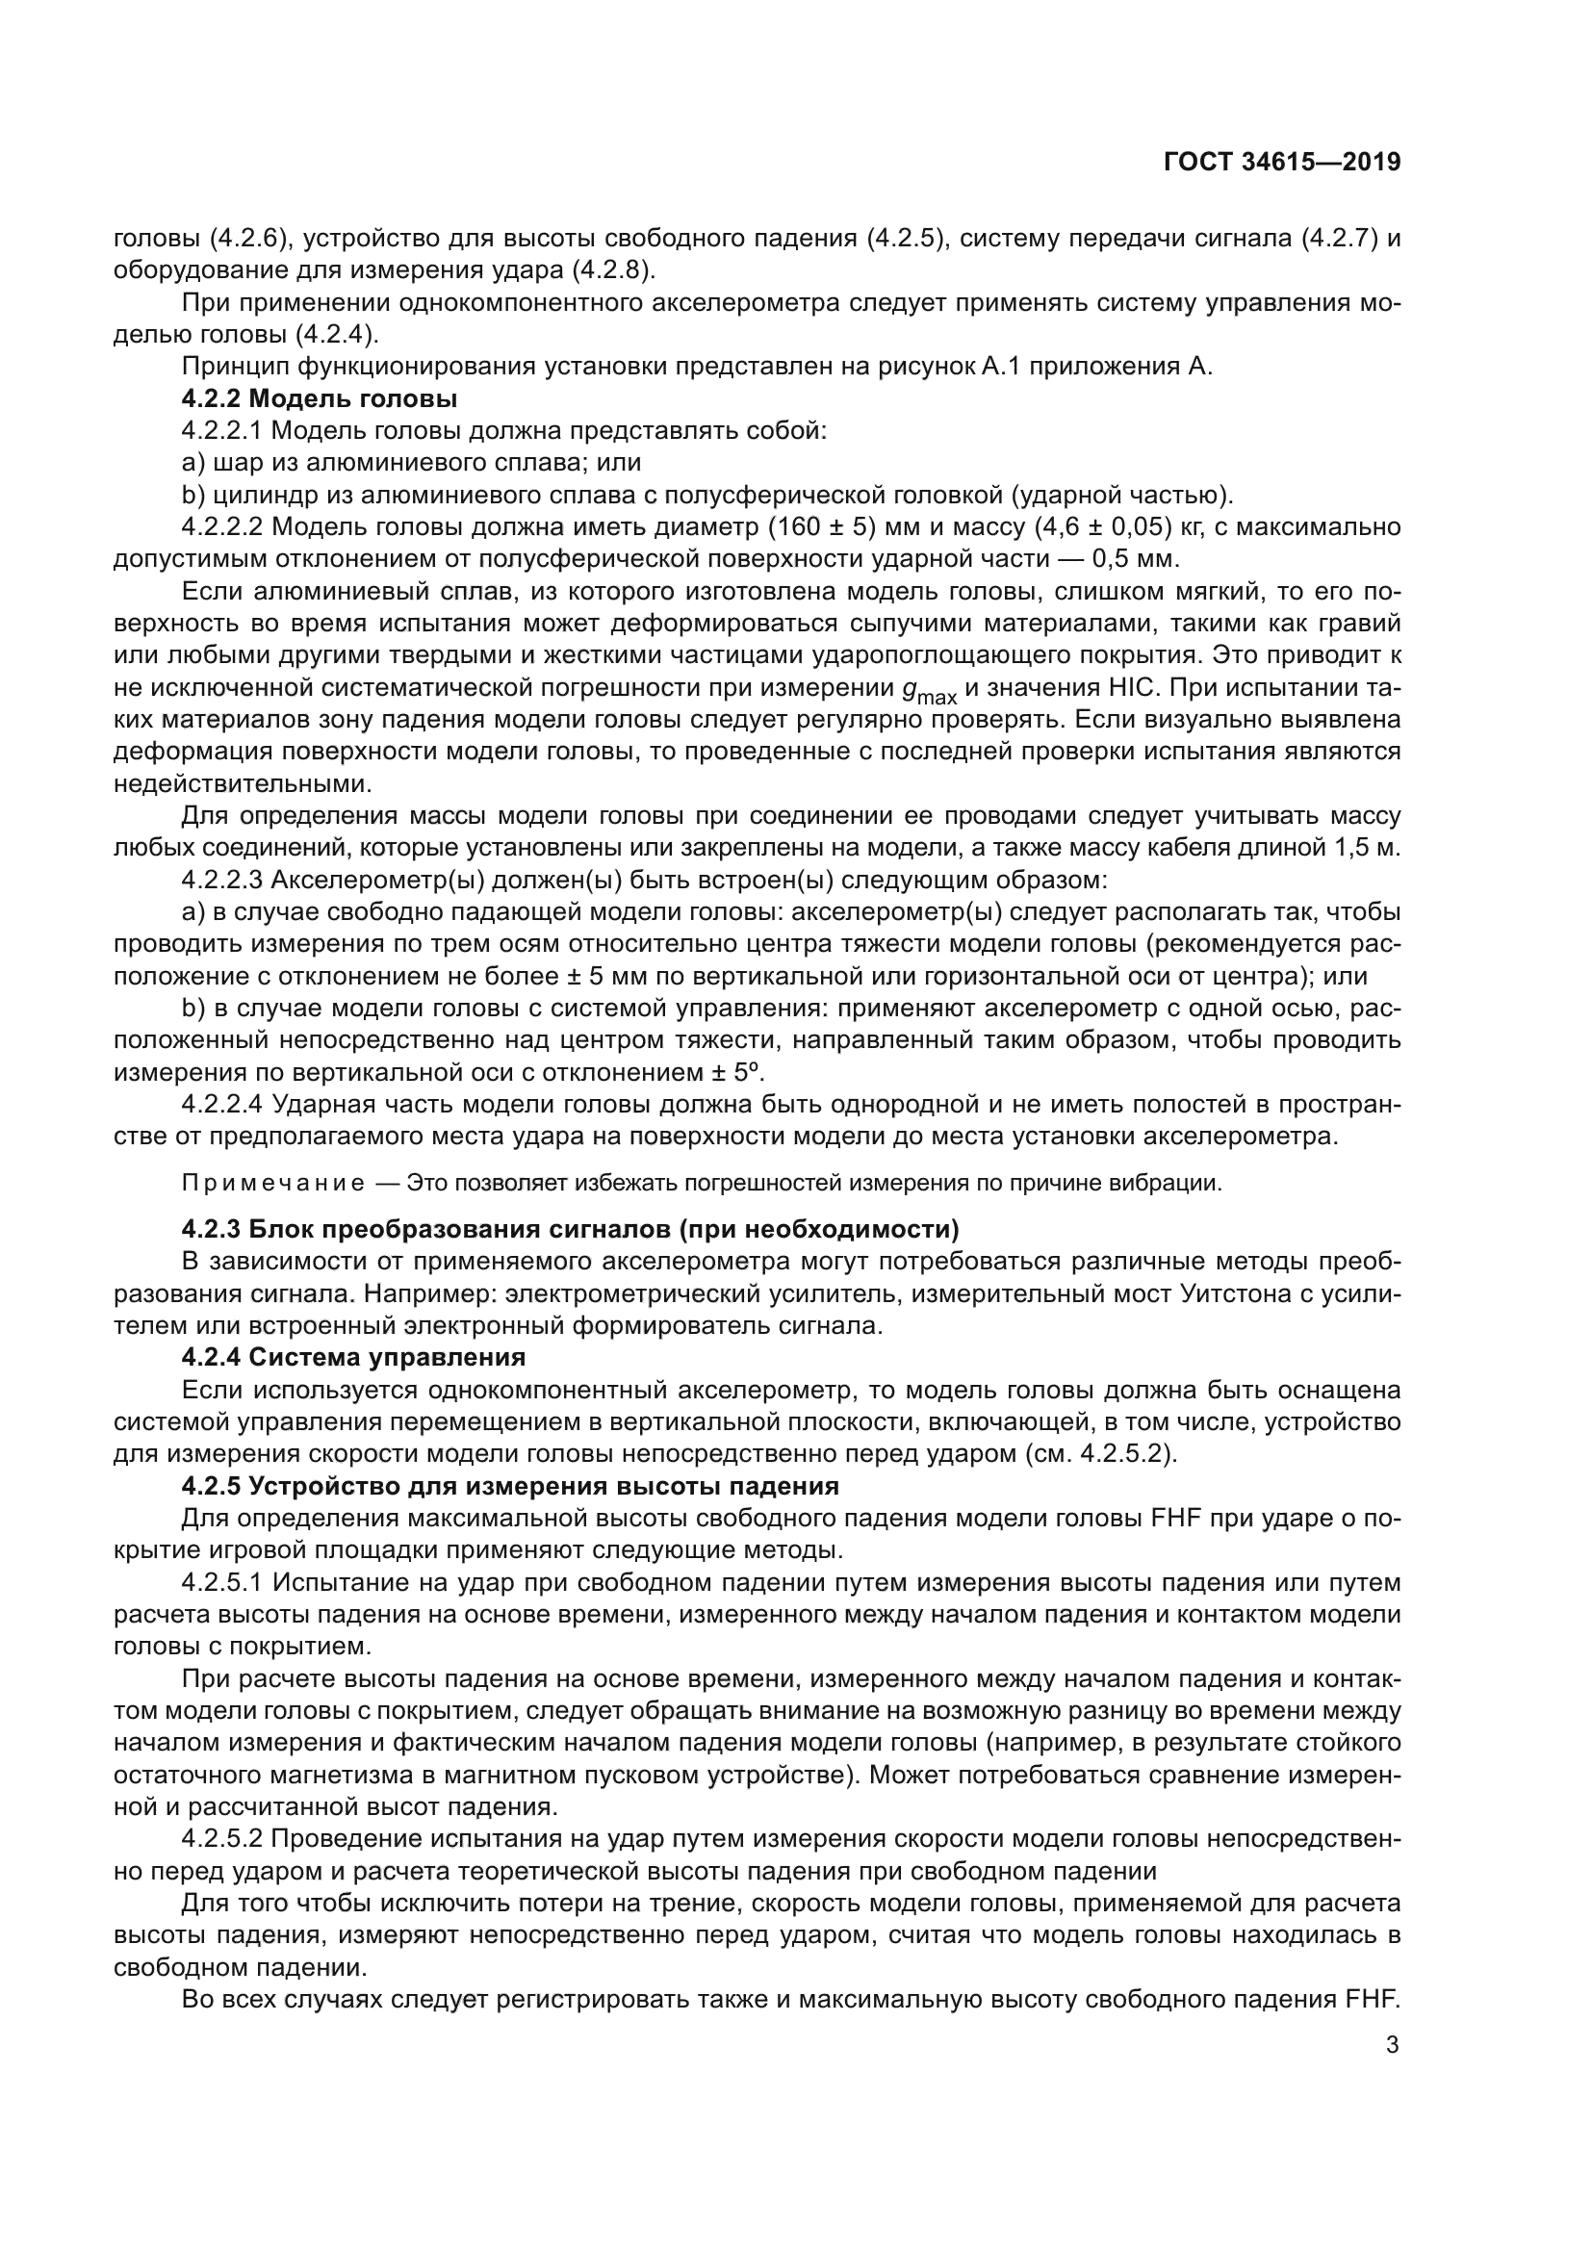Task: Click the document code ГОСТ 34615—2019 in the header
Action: pyautogui.click(x=1281, y=162)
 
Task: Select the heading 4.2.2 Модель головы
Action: pyautogui.click(x=319, y=399)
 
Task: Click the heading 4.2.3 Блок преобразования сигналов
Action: pyautogui.click(x=570, y=1228)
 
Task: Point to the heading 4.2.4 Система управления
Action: pyautogui.click(x=353, y=1357)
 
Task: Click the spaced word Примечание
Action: pyautogui.click(x=273, y=1184)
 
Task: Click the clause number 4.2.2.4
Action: pyautogui.click(x=221, y=1104)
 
